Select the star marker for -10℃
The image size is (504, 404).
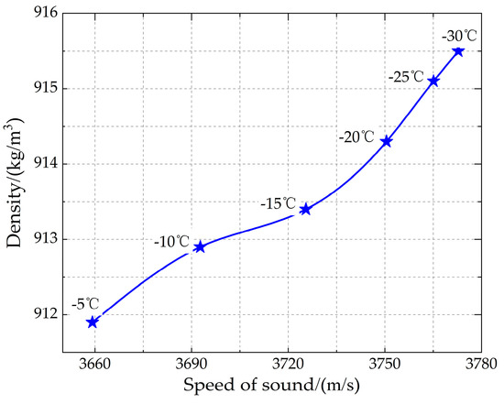[x=200, y=246]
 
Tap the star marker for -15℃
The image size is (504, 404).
[x=305, y=209]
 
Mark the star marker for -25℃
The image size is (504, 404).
[x=433, y=81]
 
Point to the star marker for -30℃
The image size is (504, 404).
[x=458, y=51]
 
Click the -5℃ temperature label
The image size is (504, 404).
[x=86, y=303]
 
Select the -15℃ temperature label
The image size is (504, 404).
[x=279, y=202]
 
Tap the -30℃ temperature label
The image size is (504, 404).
[x=459, y=37]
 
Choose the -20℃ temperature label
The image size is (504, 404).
[x=356, y=137]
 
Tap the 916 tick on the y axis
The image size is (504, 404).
[x=42, y=14]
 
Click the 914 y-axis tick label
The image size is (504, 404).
[x=42, y=164]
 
